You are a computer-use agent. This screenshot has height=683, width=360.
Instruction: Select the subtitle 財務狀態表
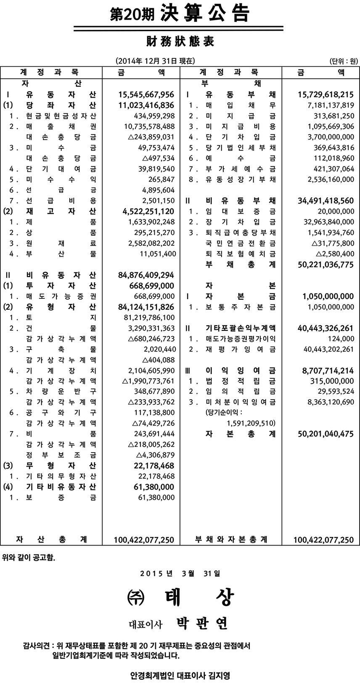180,42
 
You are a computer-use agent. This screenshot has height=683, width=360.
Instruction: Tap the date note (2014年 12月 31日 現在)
155,61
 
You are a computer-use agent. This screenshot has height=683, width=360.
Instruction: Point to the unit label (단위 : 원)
343,61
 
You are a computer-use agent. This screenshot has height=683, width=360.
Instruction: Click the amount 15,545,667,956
144,94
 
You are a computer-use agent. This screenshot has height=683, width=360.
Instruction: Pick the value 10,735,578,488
150,126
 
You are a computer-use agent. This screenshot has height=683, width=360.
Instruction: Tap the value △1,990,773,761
148,381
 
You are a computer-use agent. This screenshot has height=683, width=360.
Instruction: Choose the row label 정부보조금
61,455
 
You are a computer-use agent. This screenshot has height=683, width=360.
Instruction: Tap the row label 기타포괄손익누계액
240,328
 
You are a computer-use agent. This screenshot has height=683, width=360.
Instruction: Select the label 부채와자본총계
231,539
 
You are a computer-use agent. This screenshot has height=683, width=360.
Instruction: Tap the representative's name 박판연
200,623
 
